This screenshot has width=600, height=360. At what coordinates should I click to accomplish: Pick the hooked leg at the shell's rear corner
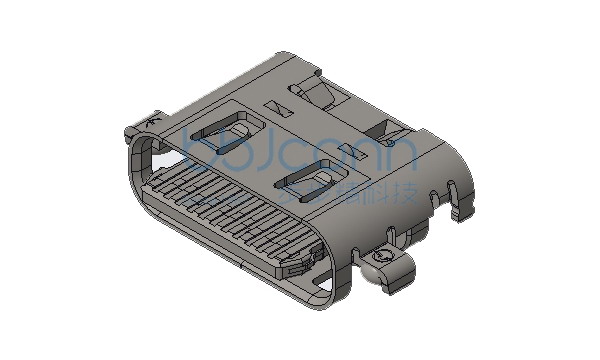pyautogui.click(x=461, y=205)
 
